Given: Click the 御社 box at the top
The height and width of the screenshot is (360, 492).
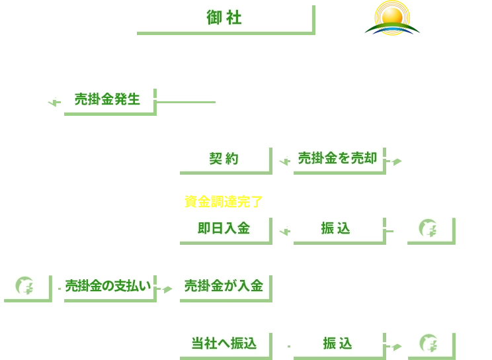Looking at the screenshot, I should (x=223, y=17).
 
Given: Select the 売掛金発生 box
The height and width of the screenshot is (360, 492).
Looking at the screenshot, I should (x=106, y=99).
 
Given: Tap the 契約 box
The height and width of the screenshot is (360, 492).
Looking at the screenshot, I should (x=223, y=158).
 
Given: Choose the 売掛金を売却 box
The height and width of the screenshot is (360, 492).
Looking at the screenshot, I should (x=337, y=157).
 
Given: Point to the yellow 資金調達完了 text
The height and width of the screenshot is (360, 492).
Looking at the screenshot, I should (x=223, y=201).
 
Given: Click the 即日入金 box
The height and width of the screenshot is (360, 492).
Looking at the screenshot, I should (x=223, y=228).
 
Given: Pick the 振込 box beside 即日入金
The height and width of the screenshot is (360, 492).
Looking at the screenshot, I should (x=337, y=228).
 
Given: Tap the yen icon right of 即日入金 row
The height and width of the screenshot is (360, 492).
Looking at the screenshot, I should (x=428, y=228).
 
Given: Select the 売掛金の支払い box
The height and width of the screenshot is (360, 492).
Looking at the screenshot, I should (x=107, y=286).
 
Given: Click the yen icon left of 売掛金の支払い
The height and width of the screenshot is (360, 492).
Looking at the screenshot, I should (x=24, y=286).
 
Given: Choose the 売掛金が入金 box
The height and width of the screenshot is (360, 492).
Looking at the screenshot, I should (x=223, y=286).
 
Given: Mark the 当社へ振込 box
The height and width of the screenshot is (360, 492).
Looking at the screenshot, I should (x=223, y=343).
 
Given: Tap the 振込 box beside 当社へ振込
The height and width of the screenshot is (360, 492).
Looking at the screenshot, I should (x=337, y=343).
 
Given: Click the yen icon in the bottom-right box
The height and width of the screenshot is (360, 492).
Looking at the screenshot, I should (x=428, y=343).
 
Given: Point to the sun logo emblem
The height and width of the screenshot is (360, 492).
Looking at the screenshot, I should (x=391, y=17).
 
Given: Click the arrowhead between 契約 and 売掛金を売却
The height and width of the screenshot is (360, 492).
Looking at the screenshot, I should (x=281, y=158).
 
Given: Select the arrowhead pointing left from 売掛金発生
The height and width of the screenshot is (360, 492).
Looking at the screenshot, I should (x=48, y=99).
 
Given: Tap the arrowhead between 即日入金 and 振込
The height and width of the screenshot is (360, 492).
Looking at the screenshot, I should (x=281, y=228).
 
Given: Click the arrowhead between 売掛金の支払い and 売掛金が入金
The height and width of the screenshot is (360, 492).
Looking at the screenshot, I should (x=164, y=286).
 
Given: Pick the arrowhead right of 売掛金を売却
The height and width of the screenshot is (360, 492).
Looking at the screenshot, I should (x=395, y=157).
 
